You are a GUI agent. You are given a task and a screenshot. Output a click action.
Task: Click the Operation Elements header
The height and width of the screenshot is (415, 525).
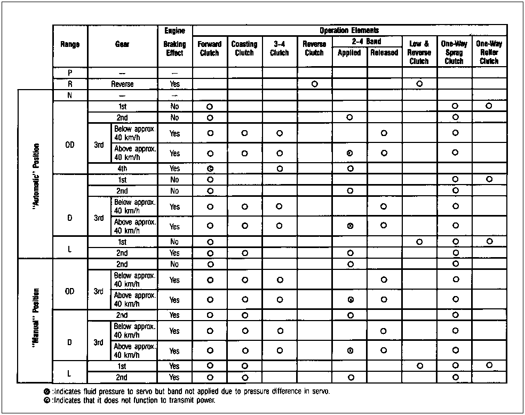point(349,30)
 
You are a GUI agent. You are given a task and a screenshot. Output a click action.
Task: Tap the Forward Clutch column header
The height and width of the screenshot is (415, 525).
point(210,49)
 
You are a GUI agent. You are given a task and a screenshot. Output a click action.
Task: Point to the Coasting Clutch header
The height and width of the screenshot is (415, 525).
point(244,49)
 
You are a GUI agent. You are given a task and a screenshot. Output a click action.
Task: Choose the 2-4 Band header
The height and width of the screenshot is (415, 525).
point(367,41)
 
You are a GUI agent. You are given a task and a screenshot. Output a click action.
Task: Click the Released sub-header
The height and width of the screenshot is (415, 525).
point(384,53)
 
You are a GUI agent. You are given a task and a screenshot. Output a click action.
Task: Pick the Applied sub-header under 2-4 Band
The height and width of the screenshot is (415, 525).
point(349,53)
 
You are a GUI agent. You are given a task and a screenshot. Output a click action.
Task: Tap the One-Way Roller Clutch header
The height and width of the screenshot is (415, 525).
point(489,53)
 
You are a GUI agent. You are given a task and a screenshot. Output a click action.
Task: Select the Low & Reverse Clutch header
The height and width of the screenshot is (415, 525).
point(419,53)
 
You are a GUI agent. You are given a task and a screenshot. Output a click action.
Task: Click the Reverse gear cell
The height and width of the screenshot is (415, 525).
point(122,84)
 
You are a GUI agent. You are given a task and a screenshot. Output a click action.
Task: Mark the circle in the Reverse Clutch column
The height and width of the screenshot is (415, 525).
point(315,84)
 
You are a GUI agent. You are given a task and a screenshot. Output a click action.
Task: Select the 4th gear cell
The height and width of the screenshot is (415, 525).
point(122,169)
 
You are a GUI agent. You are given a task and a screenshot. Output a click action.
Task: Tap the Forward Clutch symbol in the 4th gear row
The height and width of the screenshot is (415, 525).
point(210,169)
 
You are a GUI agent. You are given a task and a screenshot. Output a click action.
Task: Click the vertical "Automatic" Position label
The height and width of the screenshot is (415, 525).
point(36,174)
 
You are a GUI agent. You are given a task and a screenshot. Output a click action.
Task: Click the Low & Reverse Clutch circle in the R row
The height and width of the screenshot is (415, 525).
point(419,84)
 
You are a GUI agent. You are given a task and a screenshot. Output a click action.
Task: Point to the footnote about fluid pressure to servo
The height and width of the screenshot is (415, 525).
point(188,392)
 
